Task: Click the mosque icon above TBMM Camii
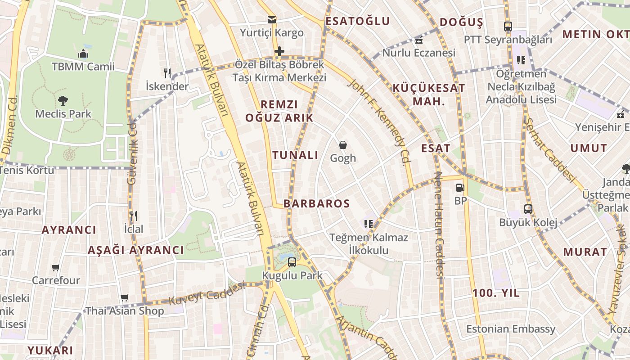coord(83,54)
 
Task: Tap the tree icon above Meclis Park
coord(63,101)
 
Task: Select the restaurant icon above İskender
coord(167,73)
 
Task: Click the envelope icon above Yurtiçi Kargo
coord(271,20)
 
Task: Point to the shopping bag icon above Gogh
coord(343,145)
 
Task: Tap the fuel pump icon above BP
coord(460,188)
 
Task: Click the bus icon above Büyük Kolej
coord(528,209)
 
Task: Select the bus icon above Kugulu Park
coord(292,262)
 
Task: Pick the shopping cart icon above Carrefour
coord(56,268)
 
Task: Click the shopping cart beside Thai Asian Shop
coord(125,297)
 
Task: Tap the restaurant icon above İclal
coord(133,216)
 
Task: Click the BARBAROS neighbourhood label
coord(316,203)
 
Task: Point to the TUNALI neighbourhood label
coord(295,155)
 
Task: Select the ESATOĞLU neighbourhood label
coord(358,21)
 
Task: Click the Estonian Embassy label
coord(511,329)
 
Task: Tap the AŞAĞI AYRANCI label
coord(136,251)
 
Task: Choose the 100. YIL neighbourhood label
coord(496,293)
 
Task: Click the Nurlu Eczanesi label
coord(419,53)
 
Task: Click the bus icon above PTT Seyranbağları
coord(508,27)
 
